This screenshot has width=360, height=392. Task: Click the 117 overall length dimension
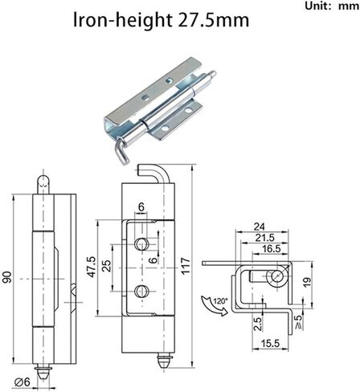pos(186,266)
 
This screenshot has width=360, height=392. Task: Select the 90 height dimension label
pos(7,277)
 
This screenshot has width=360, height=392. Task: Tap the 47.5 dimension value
pos(91,267)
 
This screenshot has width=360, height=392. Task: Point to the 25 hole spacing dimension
pos(107,266)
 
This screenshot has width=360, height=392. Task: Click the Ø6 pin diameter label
pos(22,382)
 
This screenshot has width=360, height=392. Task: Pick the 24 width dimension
pos(260,227)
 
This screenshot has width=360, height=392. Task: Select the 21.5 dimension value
pos(265,238)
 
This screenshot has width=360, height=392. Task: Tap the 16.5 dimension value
pos(272,248)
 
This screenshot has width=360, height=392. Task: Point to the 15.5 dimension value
pos(270,343)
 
